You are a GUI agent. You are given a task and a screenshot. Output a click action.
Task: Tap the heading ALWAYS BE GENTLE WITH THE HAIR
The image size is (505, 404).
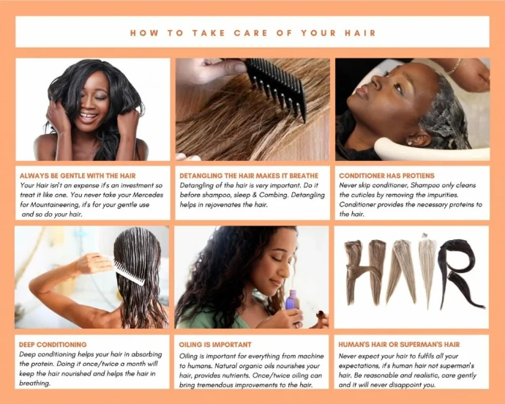tap(78, 176)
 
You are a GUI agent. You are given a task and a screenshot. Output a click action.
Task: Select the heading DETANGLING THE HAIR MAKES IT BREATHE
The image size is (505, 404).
tap(249, 176)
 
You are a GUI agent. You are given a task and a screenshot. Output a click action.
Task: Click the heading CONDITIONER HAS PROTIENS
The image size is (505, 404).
tap(386, 176)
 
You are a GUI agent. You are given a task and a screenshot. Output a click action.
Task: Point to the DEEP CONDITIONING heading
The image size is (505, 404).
tap(53, 345)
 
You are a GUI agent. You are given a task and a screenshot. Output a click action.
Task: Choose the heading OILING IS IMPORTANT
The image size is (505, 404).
tap(215, 345)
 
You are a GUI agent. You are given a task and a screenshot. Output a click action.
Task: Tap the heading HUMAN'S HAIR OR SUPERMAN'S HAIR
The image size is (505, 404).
tap(399, 345)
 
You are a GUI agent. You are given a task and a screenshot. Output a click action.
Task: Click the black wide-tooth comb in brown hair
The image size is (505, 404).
tap(277, 87)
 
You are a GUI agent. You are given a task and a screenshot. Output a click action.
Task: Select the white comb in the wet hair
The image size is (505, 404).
tap(128, 272)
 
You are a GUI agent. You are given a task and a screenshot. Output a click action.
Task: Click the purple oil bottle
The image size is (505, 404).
tap(293, 299)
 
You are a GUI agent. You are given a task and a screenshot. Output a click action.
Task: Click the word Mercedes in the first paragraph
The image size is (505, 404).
tap(148, 195)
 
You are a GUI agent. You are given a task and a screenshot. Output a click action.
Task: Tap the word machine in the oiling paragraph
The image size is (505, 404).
tap(311, 356)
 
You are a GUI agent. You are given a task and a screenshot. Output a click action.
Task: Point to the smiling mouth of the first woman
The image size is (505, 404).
tap(88, 116)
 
